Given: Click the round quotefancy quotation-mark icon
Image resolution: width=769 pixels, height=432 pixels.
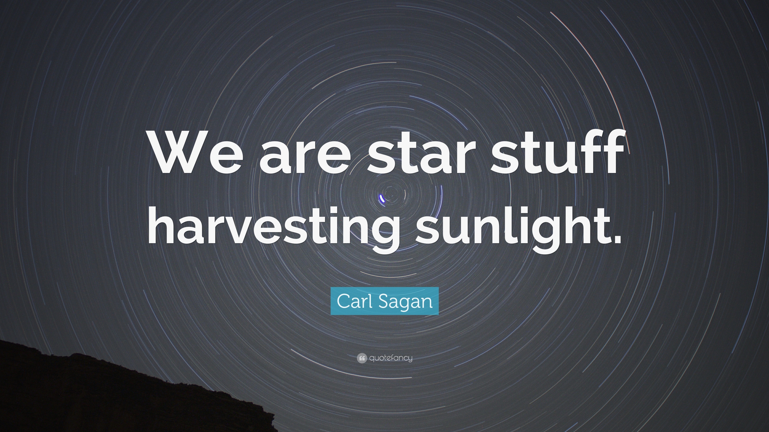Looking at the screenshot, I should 361,358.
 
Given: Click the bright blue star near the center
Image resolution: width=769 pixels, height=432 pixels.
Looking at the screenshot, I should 382,198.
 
